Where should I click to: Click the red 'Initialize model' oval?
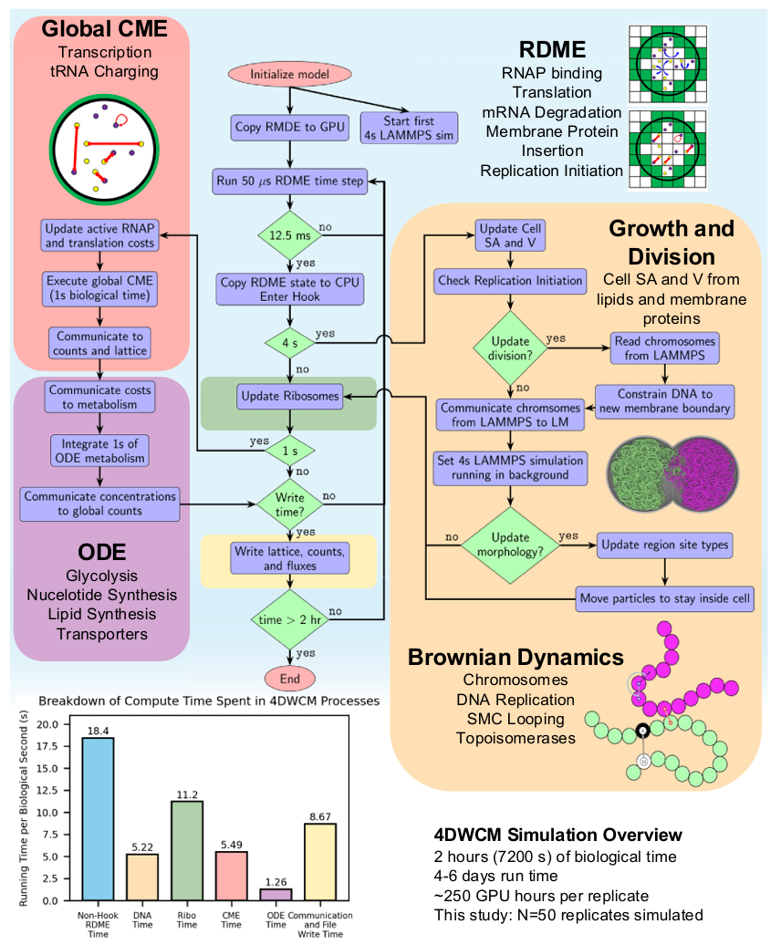[x=289, y=76]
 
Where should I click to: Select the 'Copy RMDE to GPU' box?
[x=289, y=128]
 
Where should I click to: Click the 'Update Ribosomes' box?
[x=289, y=396]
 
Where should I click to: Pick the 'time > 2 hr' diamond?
[x=289, y=619]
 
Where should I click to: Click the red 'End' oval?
[x=289, y=680]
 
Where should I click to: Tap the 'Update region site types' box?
[x=664, y=546]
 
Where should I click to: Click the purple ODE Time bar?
[x=275, y=894]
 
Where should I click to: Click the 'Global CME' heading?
[x=105, y=29]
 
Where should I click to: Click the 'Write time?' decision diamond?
[x=289, y=501]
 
